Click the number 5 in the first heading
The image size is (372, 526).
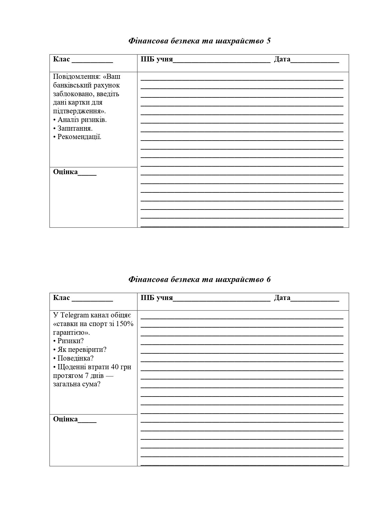(268, 41)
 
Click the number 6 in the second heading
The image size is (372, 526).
(268, 279)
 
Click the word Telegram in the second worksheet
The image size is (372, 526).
(75, 315)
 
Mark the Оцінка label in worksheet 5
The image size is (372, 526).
(65, 172)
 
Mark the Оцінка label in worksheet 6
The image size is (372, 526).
(65, 419)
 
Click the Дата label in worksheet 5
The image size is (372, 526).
(282, 59)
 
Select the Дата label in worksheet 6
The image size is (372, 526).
(282, 298)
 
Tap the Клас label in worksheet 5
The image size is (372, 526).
(61, 59)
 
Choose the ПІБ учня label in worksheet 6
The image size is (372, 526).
(157, 298)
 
